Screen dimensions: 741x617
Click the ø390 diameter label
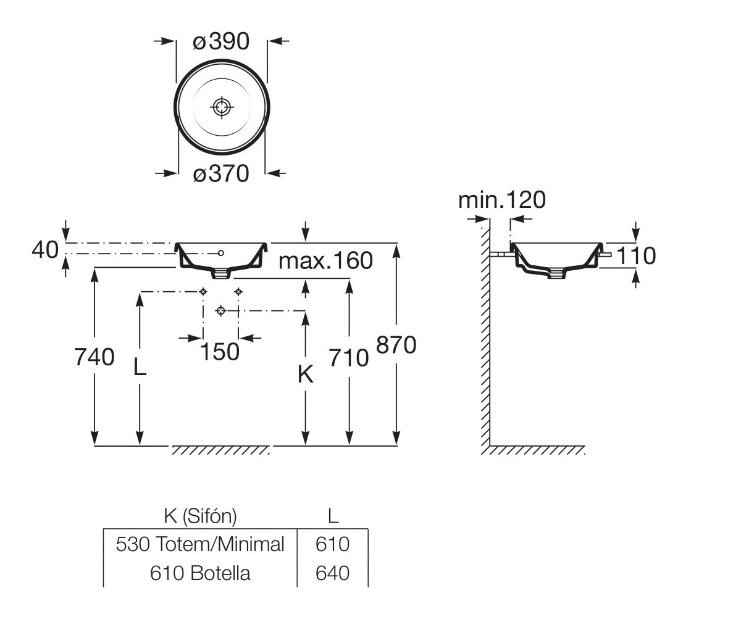coord(221,41)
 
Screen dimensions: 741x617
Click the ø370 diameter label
coord(221,174)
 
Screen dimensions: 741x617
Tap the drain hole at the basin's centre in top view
coord(222,107)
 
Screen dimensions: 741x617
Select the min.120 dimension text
coord(502,200)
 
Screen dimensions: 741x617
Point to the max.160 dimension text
coord(326,260)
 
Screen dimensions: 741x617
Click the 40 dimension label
coord(45,250)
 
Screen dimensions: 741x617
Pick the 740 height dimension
coord(94,357)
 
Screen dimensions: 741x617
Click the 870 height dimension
coord(396,345)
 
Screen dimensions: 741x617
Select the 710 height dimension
coord(349,358)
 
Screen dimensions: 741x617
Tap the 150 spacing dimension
coord(220,352)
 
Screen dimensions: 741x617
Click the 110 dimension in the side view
coord(636,255)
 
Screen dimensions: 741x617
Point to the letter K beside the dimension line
coord(306,374)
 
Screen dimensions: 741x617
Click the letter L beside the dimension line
coord(140,366)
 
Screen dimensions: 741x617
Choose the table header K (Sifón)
coord(200,516)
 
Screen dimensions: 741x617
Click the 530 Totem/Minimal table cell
coord(200,544)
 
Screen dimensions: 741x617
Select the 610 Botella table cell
coord(200,573)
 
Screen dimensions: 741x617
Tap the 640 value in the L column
coord(333,573)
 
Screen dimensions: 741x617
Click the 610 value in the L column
coord(333,544)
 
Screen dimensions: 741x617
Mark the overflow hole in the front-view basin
coord(221,253)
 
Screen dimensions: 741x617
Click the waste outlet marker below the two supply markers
coord(220,310)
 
